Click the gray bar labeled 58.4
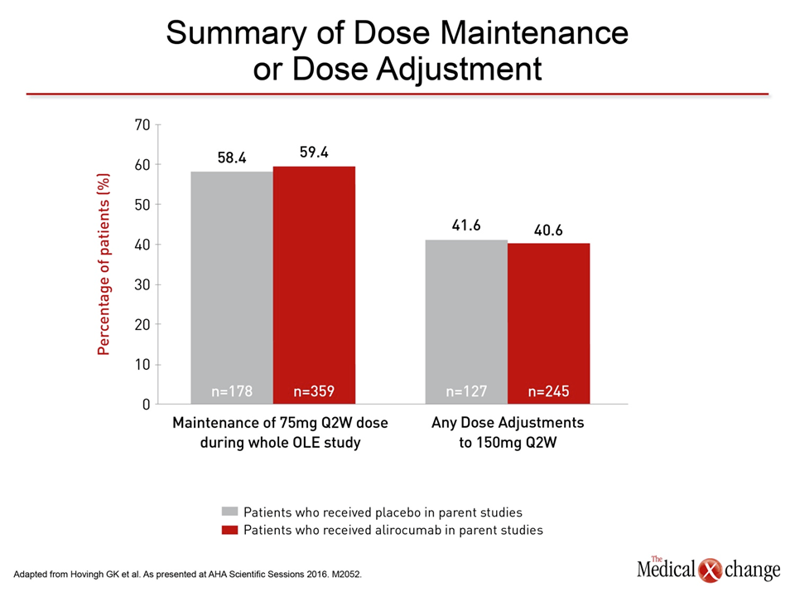tap(232, 288)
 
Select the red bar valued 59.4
tap(315, 284)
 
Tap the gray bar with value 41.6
tap(466, 322)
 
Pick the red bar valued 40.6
tap(548, 323)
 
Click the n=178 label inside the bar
tap(232, 391)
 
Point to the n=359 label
tap(315, 391)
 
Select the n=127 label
tap(466, 391)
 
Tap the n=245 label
tap(548, 391)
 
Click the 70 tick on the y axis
tap(142, 125)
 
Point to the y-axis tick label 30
tap(142, 284)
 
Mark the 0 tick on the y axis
tap(147, 405)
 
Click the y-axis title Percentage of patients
tap(104, 264)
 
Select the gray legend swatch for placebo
tap(229, 512)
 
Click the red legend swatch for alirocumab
tap(229, 530)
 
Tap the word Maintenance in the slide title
tap(534, 33)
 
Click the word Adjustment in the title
tap(460, 70)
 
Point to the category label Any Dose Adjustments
tap(508, 423)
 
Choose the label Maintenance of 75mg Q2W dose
tap(281, 423)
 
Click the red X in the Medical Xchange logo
tap(710, 570)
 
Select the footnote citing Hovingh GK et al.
tap(188, 575)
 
